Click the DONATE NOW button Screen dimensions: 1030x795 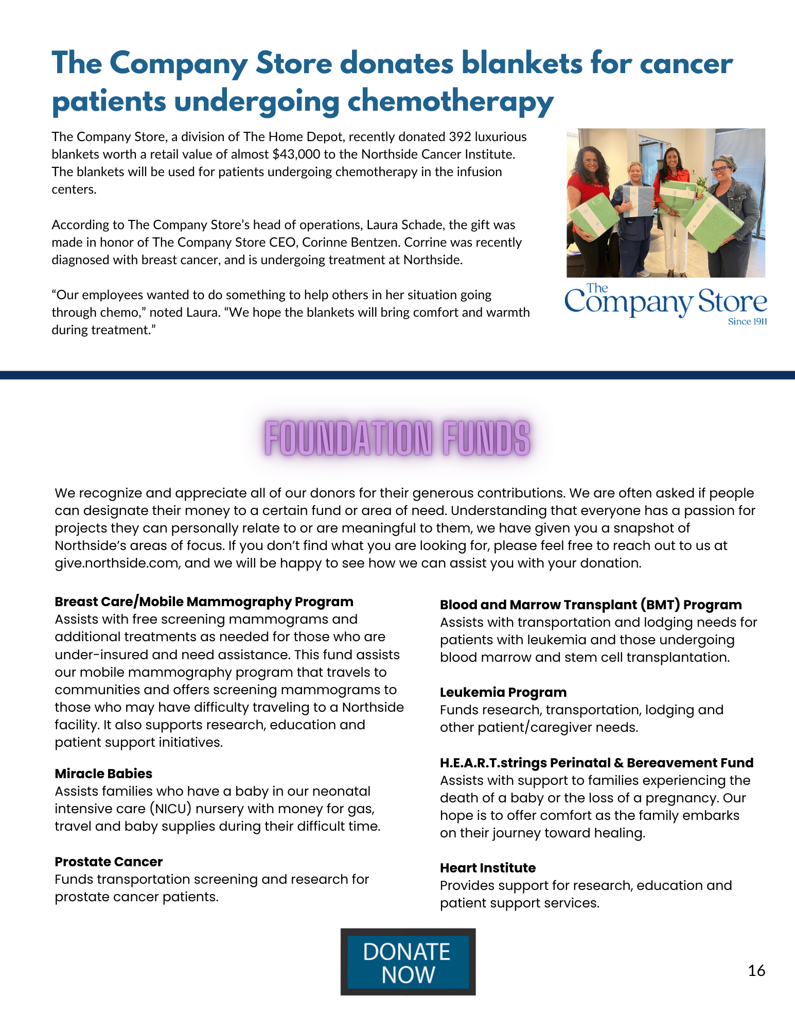coord(408,962)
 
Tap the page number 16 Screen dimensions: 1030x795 coord(756,971)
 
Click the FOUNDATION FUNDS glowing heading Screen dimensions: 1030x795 coord(397,438)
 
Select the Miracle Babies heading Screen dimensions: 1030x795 coord(103,774)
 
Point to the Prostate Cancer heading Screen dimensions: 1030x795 coord(109,862)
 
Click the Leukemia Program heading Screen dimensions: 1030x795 coord(503,692)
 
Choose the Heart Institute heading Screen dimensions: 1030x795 coord(487,868)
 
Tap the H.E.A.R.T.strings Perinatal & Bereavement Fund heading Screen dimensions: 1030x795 coord(596,763)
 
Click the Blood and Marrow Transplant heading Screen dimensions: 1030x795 coord(591,605)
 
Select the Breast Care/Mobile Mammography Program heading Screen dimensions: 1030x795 coord(204,602)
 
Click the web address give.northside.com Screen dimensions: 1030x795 coord(116,563)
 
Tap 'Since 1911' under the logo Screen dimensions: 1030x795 coord(747,321)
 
